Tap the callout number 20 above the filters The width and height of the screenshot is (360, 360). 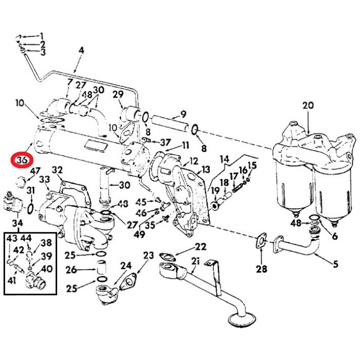(x=308, y=106)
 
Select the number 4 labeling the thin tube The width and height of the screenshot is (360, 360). (x=81, y=50)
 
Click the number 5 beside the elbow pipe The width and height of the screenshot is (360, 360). (x=335, y=265)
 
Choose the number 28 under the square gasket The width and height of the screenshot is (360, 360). (x=262, y=268)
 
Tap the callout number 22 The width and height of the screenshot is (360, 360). (x=200, y=247)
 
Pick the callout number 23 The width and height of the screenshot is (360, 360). (x=149, y=255)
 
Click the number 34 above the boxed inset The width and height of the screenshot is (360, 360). (x=17, y=223)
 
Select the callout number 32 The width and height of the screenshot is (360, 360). (x=57, y=170)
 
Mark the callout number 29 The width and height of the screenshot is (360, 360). (x=118, y=94)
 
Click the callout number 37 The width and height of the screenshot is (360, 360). (x=165, y=142)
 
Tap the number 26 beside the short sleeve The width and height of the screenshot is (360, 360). (x=71, y=269)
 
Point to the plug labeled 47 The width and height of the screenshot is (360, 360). (x=23, y=182)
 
